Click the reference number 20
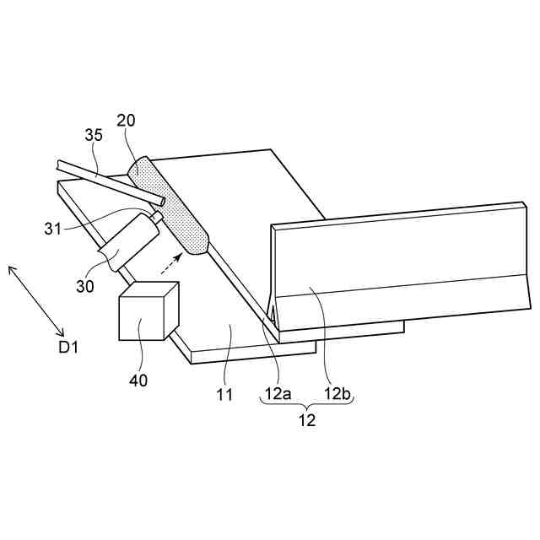(126, 120)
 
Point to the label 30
(85, 286)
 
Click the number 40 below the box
(138, 380)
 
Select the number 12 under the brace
(306, 419)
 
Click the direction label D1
(68, 346)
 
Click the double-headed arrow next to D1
(36, 300)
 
